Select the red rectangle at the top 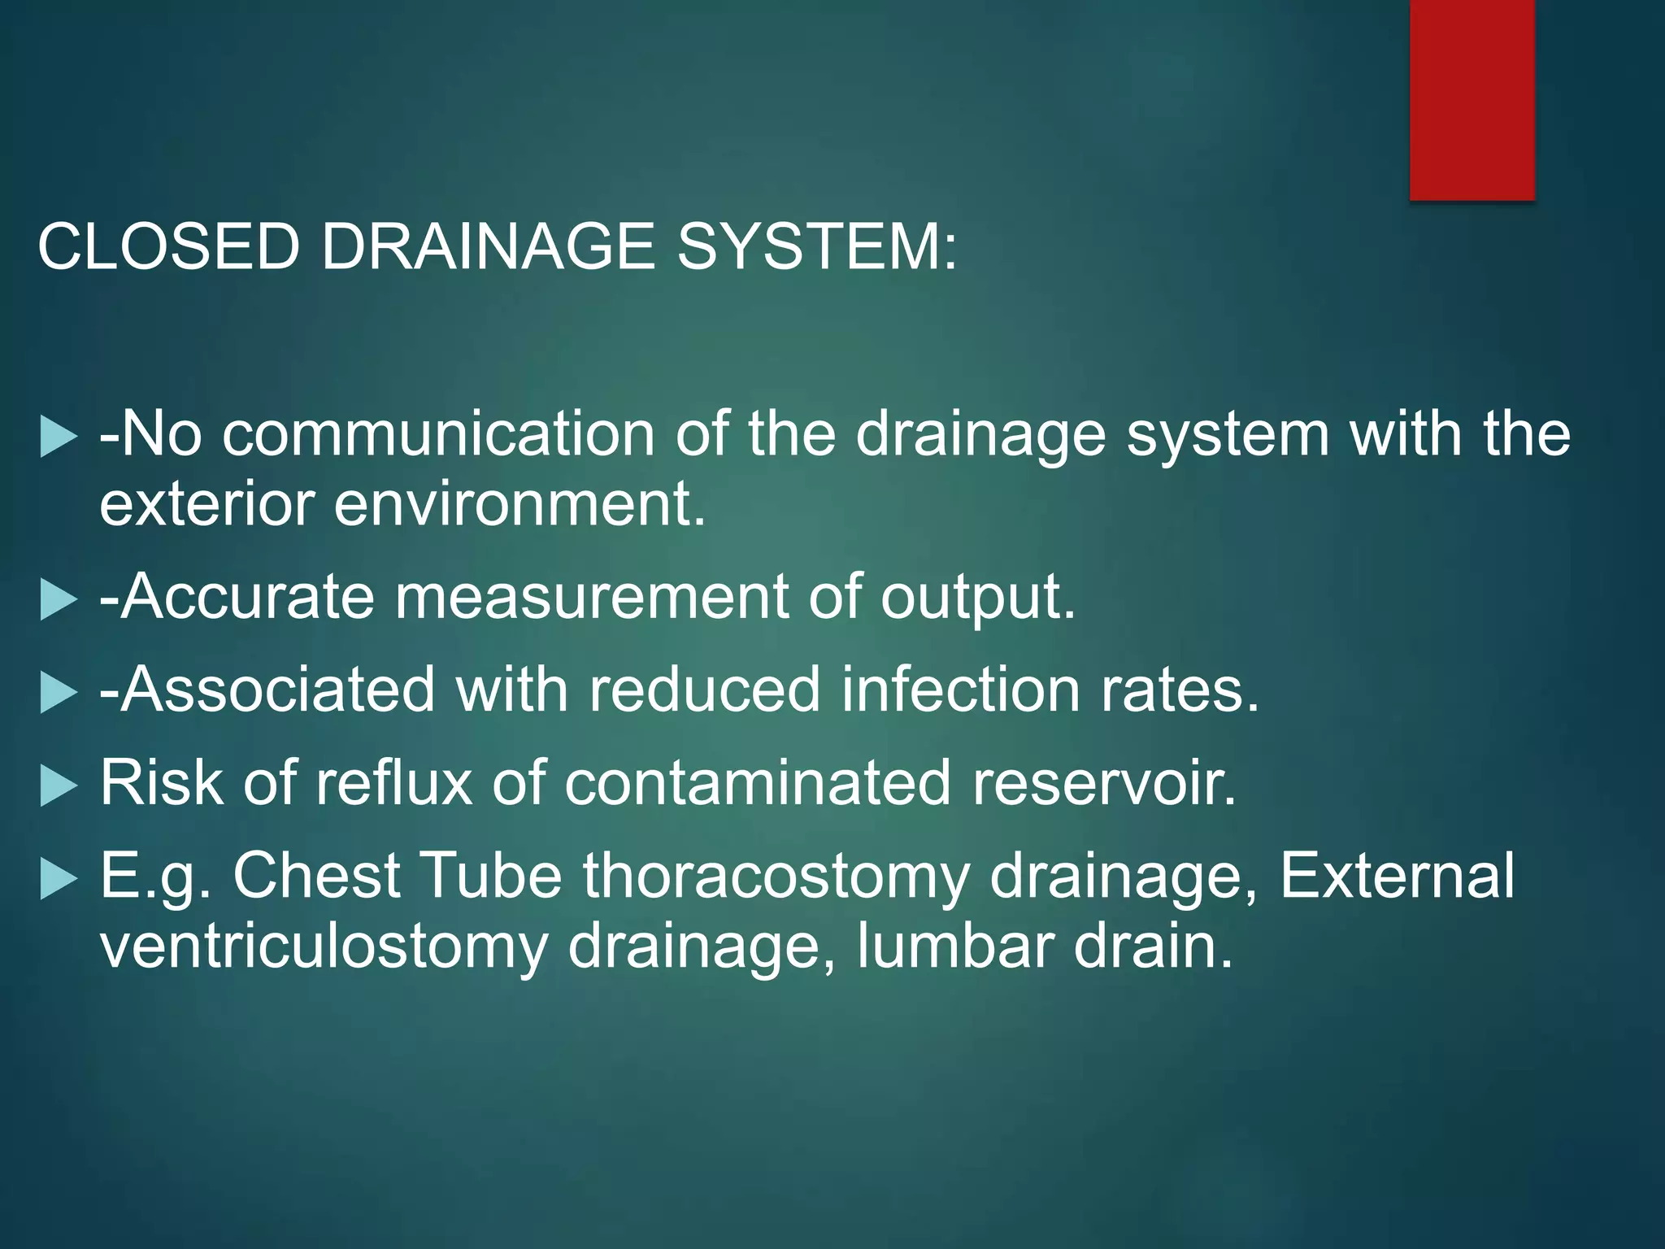coord(1472,99)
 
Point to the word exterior coord(206,503)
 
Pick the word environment coord(519,503)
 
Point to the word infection coord(960,690)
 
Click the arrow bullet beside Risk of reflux coord(58,786)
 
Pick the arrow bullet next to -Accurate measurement coord(58,601)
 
